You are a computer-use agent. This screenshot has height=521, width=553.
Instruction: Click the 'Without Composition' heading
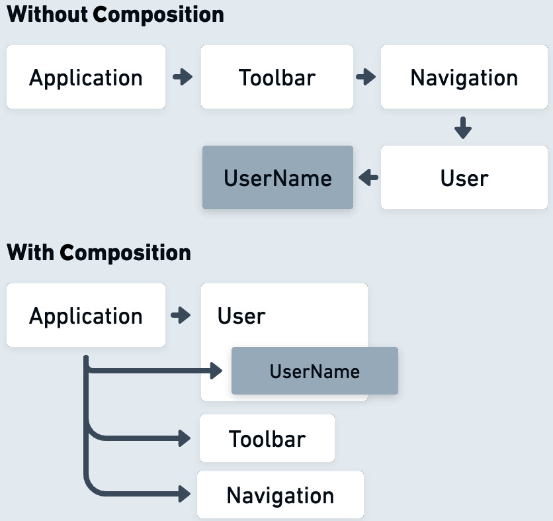115,15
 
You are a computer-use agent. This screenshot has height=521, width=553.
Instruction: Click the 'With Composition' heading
99,252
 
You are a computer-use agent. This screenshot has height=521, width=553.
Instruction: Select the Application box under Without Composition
86,77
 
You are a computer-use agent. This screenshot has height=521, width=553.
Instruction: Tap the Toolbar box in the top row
276,77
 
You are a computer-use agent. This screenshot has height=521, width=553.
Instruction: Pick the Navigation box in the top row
464,77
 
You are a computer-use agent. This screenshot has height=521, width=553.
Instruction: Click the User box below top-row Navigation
464,178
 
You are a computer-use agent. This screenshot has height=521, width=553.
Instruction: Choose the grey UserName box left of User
277,178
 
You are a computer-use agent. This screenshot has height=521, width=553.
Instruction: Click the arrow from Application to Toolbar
183,77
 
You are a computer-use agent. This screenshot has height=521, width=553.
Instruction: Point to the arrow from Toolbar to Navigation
366,77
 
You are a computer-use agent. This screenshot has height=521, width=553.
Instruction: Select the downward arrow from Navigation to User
463,128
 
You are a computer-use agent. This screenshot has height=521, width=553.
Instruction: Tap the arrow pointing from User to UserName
368,177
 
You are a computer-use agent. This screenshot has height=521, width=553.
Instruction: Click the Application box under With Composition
86,316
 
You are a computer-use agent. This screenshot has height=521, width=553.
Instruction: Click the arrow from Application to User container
181,315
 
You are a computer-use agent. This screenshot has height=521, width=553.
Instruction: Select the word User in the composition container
241,316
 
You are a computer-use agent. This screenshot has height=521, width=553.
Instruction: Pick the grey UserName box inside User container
314,371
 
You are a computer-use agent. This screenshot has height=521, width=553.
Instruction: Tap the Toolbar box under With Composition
267,438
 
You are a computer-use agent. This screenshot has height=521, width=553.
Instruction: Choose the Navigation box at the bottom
280,495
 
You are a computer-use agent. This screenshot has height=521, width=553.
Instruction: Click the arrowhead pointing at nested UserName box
216,371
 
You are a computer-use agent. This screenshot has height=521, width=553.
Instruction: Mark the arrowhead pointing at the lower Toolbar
183,438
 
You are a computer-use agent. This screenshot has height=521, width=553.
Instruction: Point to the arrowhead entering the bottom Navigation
183,493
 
